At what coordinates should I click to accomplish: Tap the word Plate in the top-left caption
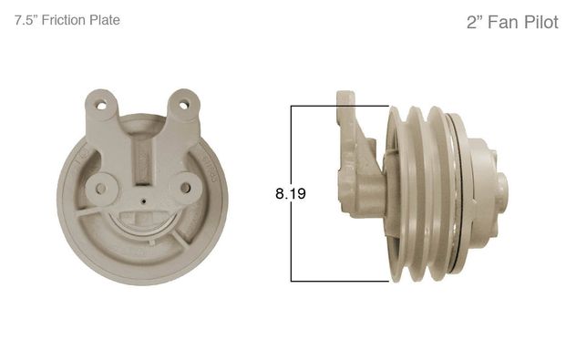pyautogui.click(x=105, y=20)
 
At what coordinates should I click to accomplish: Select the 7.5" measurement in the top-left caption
pyautogui.click(x=26, y=20)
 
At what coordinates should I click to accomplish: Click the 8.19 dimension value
pyautogui.click(x=291, y=193)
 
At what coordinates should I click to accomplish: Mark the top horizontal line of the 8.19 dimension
pyautogui.click(x=340, y=106)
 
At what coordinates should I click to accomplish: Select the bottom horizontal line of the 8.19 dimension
pyautogui.click(x=340, y=282)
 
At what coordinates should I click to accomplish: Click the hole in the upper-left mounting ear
pyautogui.click(x=100, y=106)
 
